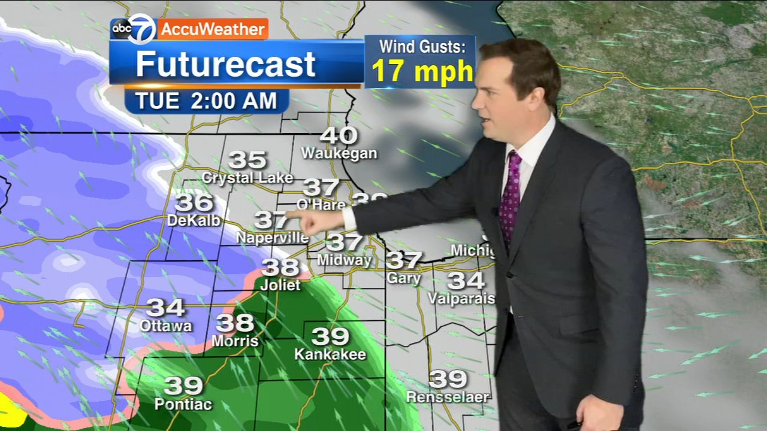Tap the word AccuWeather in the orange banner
213,29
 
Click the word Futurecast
225,64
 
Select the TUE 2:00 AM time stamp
206,101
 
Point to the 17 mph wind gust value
422,71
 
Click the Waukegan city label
339,153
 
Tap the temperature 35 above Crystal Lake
247,160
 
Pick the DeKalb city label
194,220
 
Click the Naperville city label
272,238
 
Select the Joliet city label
280,285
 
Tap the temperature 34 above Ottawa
165,308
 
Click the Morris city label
235,341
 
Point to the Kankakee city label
330,354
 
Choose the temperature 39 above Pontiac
183,386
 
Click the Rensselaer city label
448,397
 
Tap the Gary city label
404,278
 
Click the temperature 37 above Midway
345,242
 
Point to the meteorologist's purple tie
511,192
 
